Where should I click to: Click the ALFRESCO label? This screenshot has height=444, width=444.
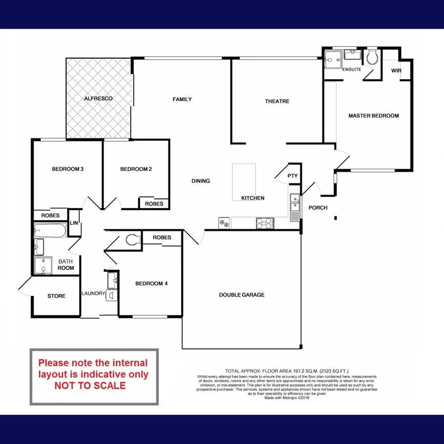[x=98, y=99]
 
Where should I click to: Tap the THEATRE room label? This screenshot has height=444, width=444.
[x=277, y=101]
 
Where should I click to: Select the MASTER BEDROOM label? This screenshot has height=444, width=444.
[x=373, y=116]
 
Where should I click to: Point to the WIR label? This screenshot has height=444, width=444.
[x=396, y=71]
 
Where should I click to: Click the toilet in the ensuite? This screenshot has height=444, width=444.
[x=372, y=58]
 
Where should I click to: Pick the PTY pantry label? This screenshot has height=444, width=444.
[x=293, y=176]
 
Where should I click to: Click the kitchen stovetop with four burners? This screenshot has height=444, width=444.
[x=264, y=223]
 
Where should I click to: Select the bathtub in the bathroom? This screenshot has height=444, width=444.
[x=50, y=230]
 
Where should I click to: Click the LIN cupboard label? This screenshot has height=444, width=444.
[x=74, y=222]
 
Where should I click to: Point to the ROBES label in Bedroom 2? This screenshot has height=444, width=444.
[x=154, y=203]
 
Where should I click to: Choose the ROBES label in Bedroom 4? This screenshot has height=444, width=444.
[x=162, y=238]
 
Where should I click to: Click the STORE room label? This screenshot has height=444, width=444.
[x=56, y=296]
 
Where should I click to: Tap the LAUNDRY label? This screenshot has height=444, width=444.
[x=93, y=294]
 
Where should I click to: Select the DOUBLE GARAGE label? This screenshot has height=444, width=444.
[x=242, y=295]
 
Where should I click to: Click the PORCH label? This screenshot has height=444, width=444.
[x=318, y=208]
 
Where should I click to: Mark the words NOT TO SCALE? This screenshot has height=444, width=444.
[x=90, y=385]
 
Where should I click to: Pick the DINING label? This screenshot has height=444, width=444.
[x=201, y=181]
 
